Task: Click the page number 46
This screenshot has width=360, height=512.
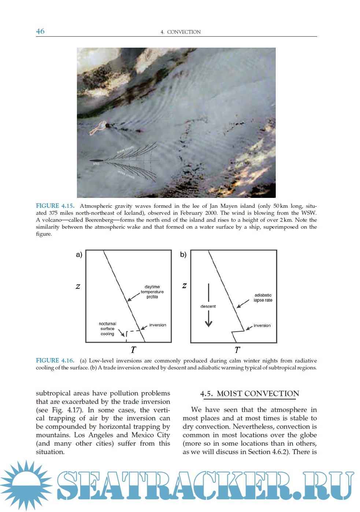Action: (40, 32)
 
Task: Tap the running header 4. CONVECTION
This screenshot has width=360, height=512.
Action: (181, 32)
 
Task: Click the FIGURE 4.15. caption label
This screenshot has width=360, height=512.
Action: (55, 206)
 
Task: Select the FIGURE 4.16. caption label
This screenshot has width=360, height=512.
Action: (55, 361)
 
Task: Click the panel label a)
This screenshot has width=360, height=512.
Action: (79, 255)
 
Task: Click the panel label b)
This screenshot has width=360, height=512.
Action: (183, 255)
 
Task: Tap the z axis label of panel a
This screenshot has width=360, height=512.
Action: (78, 287)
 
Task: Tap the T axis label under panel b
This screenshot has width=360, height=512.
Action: (237, 350)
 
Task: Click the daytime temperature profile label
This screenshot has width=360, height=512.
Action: (152, 292)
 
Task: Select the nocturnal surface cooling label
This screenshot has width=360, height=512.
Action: (107, 329)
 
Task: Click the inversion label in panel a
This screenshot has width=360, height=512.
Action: (157, 325)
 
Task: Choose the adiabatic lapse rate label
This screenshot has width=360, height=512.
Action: (263, 298)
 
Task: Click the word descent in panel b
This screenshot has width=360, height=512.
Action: (208, 306)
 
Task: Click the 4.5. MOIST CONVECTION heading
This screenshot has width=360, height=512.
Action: (249, 394)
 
